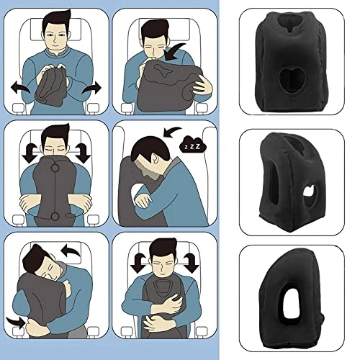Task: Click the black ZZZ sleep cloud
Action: [193, 144]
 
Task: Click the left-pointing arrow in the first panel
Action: [20, 87]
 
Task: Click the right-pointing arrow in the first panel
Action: [91, 88]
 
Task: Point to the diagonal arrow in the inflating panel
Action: [176, 51]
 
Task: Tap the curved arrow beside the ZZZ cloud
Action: [172, 132]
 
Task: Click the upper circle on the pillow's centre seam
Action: [55, 168]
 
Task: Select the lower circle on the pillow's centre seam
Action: [55, 216]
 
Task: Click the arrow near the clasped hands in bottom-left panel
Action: [16, 323]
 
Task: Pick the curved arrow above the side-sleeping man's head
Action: [71, 251]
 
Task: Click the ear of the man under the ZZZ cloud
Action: [155, 158]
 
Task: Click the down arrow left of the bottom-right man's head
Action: [138, 263]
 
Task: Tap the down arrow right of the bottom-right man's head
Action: [192, 263]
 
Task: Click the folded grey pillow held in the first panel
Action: [50, 87]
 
